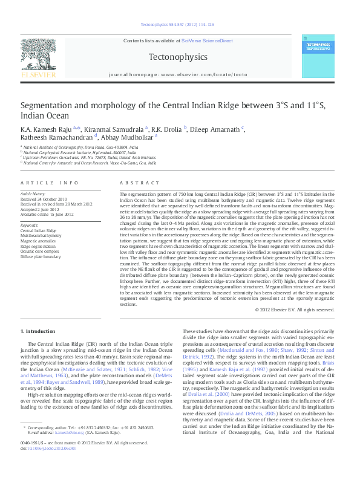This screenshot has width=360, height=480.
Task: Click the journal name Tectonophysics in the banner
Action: coord(177,57)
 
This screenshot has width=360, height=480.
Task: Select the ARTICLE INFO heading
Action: coord(50,183)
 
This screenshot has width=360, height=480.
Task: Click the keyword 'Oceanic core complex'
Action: coord(41,251)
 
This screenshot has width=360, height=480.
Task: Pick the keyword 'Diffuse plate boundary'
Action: coord(42,256)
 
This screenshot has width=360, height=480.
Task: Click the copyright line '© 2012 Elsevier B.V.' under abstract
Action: coord(295,309)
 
